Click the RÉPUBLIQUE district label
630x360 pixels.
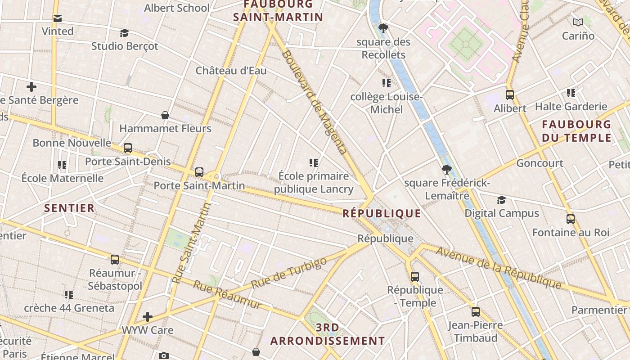pyautogui.click(x=382, y=213)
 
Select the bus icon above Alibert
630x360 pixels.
pyautogui.click(x=509, y=95)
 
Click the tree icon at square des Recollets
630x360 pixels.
pyautogui.click(x=383, y=29)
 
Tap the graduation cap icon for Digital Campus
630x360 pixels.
pyautogui.click(x=501, y=200)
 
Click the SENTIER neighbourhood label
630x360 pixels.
pyautogui.click(x=69, y=208)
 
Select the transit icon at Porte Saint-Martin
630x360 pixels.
pyautogui.click(x=199, y=172)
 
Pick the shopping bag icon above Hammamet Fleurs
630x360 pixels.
pyautogui.click(x=165, y=116)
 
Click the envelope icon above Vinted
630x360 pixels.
pyautogui.click(x=58, y=18)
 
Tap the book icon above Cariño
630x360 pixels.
pyautogui.click(x=578, y=22)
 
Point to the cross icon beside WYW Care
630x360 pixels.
pyautogui.click(x=148, y=317)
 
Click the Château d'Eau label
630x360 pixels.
pyautogui.click(x=231, y=71)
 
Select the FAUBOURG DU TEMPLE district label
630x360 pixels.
pyautogui.click(x=576, y=131)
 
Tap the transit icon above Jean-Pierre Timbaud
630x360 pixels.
pyautogui.click(x=475, y=312)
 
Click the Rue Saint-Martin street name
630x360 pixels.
pyautogui.click(x=192, y=243)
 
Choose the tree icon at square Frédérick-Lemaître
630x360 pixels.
pyautogui.click(x=446, y=170)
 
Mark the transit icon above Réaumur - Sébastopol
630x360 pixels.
pyautogui.click(x=115, y=260)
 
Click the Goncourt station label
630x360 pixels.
pyautogui.click(x=540, y=163)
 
